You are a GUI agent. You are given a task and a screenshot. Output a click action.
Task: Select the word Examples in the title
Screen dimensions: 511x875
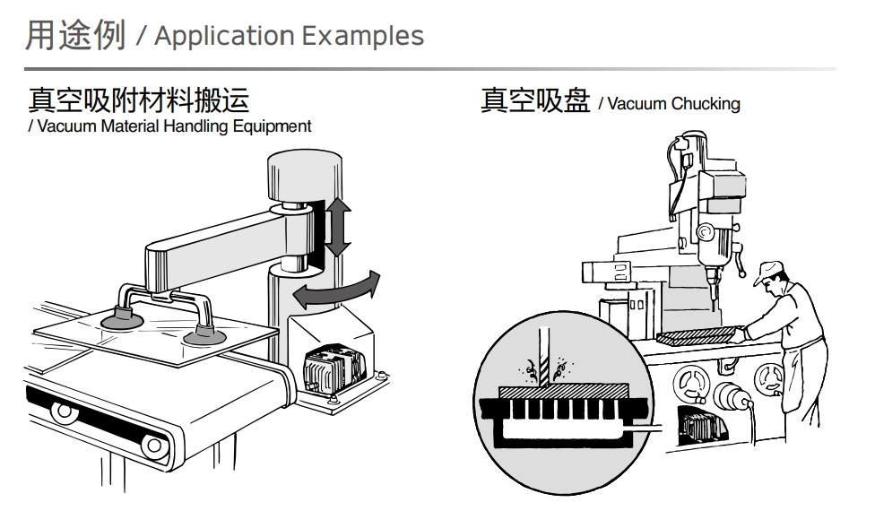click(x=362, y=36)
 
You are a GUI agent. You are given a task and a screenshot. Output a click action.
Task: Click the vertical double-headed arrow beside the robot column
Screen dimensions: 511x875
click(x=336, y=229)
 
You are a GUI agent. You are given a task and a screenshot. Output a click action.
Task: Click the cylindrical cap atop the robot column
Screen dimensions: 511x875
click(x=304, y=174)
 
